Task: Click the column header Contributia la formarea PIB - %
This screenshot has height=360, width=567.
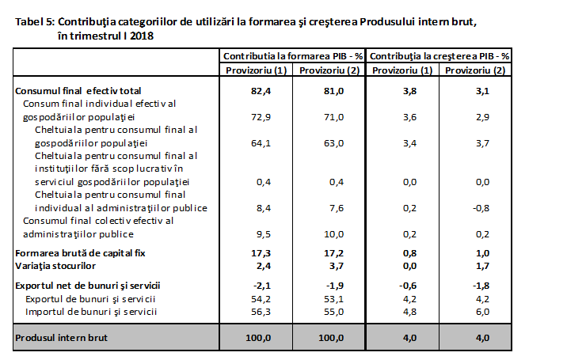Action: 293,57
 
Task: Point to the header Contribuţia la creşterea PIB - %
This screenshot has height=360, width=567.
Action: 439,57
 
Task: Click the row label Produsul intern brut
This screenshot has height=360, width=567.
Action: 63,337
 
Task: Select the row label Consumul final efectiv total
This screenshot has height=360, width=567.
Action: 79,91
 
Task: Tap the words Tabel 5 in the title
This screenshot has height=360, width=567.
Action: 34,21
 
